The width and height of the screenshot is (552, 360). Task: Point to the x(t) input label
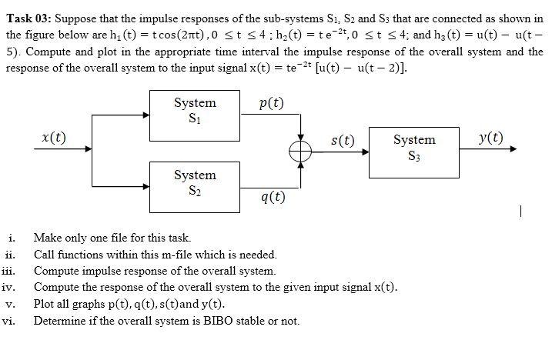point(53,138)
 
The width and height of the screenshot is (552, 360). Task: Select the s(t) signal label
point(342,140)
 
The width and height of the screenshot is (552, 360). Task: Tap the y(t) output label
point(490,138)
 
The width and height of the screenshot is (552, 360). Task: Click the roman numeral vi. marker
point(10,321)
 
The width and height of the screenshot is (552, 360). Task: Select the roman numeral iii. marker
point(10,271)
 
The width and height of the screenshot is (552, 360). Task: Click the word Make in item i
point(48,238)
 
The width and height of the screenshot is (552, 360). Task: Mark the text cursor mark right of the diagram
point(521,208)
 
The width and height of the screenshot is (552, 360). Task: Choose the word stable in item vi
point(245,321)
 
